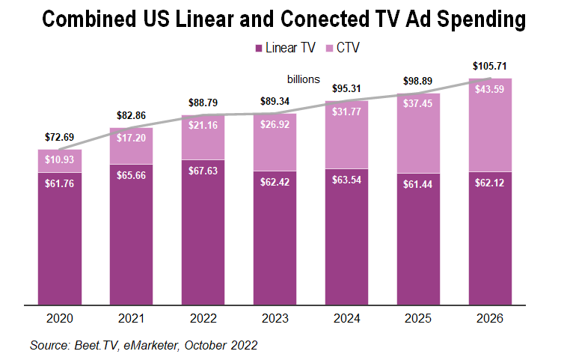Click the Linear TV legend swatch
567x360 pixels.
click(x=259, y=48)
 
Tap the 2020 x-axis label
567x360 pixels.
click(x=60, y=318)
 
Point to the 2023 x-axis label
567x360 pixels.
click(x=275, y=318)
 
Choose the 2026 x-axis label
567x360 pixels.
click(x=489, y=318)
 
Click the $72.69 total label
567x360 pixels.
click(x=60, y=138)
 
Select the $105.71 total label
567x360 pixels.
click(x=489, y=67)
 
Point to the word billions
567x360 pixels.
click(x=304, y=79)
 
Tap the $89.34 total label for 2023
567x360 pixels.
click(x=275, y=102)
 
